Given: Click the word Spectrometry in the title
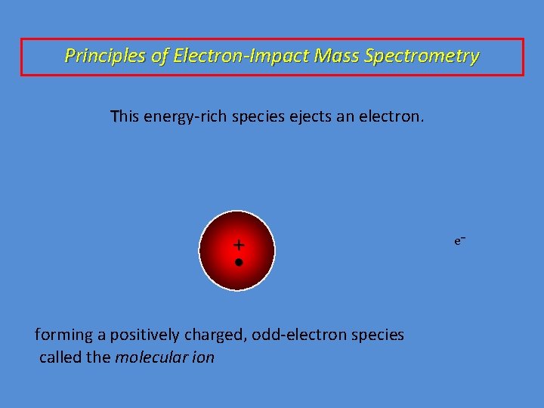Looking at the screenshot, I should click(x=432, y=56).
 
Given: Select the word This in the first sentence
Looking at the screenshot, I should click(x=125, y=117).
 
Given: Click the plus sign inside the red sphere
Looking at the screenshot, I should click(x=239, y=245).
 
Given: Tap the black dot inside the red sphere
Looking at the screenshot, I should click(x=238, y=262).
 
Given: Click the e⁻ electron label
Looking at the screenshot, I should click(x=459, y=240).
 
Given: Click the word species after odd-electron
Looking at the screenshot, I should click(x=379, y=334).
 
